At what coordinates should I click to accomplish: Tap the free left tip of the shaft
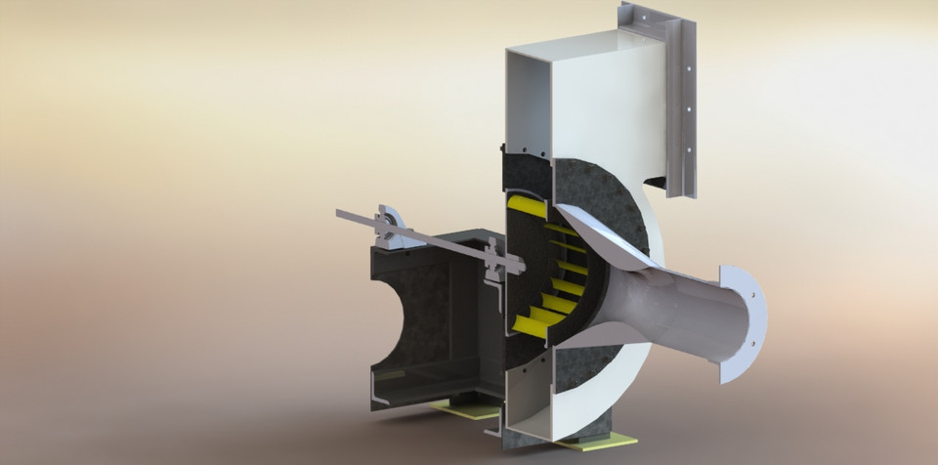point(340,212)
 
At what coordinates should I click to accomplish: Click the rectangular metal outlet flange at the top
point(678,98)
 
